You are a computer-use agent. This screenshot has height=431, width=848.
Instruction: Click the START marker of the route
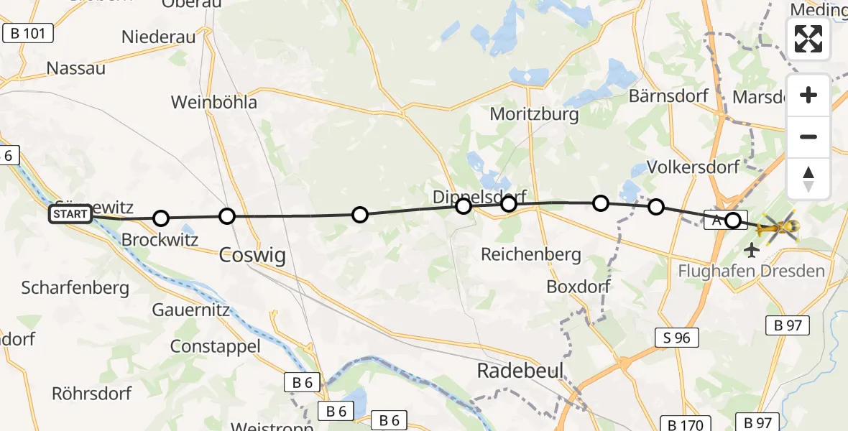coord(70,214)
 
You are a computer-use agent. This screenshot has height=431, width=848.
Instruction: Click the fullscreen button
coord(808,39)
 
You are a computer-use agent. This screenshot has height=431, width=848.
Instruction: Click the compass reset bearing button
coord(808,179)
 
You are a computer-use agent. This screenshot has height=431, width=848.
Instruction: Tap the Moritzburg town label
coord(534,113)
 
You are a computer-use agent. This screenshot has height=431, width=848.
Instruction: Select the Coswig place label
coord(252,254)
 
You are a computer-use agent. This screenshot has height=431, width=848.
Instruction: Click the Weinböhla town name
coord(214,102)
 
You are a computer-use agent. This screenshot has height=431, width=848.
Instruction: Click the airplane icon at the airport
coord(752,250)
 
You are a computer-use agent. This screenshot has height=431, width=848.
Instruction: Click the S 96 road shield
coord(677,337)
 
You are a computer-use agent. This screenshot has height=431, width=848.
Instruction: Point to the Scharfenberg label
coord(75,288)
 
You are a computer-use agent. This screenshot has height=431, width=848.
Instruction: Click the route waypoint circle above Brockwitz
coord(161,218)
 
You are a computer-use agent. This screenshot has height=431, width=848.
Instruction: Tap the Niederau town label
coord(159,37)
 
